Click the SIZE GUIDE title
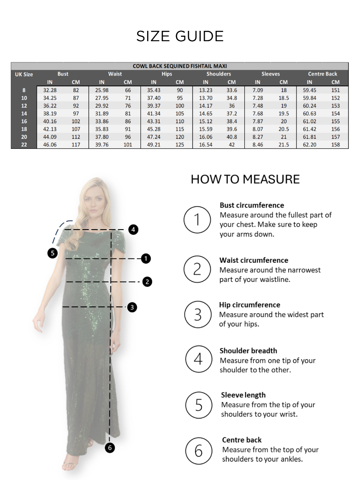180,36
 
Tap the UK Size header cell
24,74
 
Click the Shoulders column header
218,74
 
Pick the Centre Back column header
322,74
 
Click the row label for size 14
24,114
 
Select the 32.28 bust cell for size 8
50,90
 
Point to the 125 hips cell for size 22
180,145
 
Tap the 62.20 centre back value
310,145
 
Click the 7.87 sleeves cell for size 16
258,121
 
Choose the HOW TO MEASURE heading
245,179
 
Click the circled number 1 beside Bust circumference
197,220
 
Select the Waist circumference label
254,260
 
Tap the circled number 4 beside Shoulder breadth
198,359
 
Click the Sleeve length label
243,395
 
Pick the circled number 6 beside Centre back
199,451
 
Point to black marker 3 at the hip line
132,307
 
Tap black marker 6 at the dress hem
110,448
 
